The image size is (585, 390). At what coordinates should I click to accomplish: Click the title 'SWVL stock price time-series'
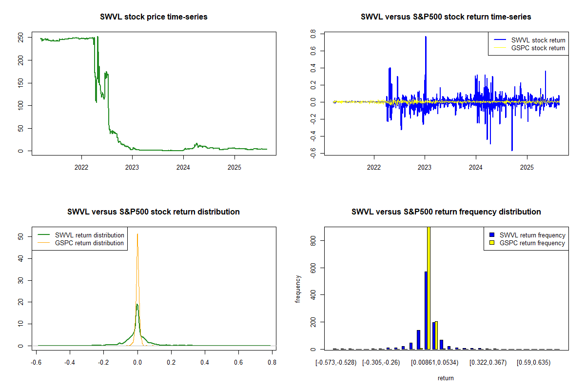154,17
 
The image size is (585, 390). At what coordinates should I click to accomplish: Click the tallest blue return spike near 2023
426,37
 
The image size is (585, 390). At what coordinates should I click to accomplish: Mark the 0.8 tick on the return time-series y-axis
314,34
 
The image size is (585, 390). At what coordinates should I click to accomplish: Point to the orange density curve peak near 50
137,234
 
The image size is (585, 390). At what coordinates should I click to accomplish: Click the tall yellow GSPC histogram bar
429,288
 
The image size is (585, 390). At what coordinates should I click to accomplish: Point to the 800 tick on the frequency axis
314,240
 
